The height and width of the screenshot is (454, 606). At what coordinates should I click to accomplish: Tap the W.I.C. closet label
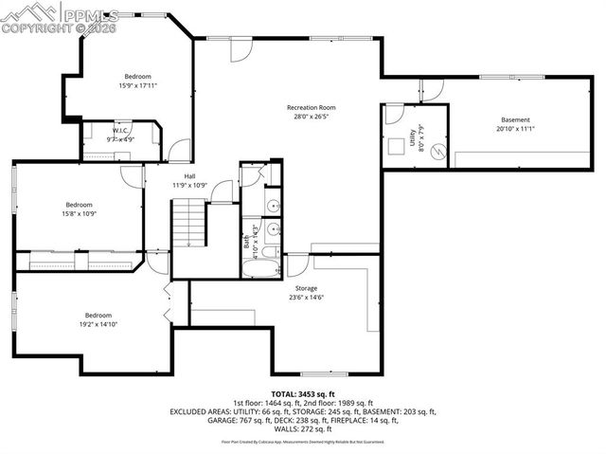point(119,130)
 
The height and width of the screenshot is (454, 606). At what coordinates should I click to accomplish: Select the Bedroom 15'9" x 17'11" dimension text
point(137,86)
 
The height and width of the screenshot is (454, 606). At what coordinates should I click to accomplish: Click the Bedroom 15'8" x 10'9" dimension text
point(79,213)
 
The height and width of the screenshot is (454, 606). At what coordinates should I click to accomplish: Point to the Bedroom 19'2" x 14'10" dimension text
point(99,324)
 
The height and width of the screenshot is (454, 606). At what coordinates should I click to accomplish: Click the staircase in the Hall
point(188,225)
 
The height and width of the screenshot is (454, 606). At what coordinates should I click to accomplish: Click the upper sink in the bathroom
point(272,205)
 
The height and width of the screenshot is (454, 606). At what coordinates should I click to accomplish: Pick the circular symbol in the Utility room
point(437,152)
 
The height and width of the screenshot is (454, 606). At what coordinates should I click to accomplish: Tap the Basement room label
point(515,119)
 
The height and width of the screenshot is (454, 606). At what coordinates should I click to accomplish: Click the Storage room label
point(305,288)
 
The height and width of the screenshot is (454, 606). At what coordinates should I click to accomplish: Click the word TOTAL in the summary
point(283,392)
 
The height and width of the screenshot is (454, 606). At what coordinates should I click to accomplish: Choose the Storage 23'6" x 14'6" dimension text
point(305,298)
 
